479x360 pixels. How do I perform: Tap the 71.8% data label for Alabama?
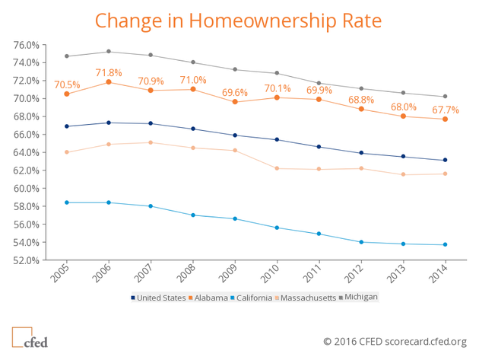click(109, 72)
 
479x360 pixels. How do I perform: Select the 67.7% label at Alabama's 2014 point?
click(446, 110)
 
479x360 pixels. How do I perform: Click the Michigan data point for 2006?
click(109, 52)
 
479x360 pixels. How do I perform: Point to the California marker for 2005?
click(67, 202)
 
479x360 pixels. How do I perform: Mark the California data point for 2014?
click(445, 244)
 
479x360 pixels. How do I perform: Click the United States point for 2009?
click(235, 135)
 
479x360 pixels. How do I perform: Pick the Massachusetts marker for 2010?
click(277, 168)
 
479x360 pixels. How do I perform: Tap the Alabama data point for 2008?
click(193, 89)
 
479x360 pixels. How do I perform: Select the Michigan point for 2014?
click(445, 97)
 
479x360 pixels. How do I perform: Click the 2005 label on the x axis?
click(61, 272)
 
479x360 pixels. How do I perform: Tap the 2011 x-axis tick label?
click(313, 272)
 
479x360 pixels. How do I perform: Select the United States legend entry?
click(158, 298)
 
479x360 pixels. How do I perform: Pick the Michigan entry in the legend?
click(360, 298)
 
